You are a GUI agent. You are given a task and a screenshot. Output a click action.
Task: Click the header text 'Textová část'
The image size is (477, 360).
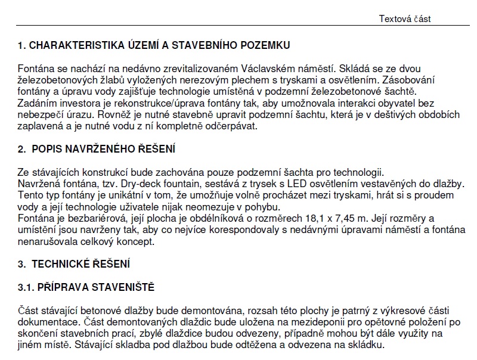tap(405, 18)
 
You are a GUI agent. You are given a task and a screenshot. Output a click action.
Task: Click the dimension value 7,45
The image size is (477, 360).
tap(327, 219)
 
